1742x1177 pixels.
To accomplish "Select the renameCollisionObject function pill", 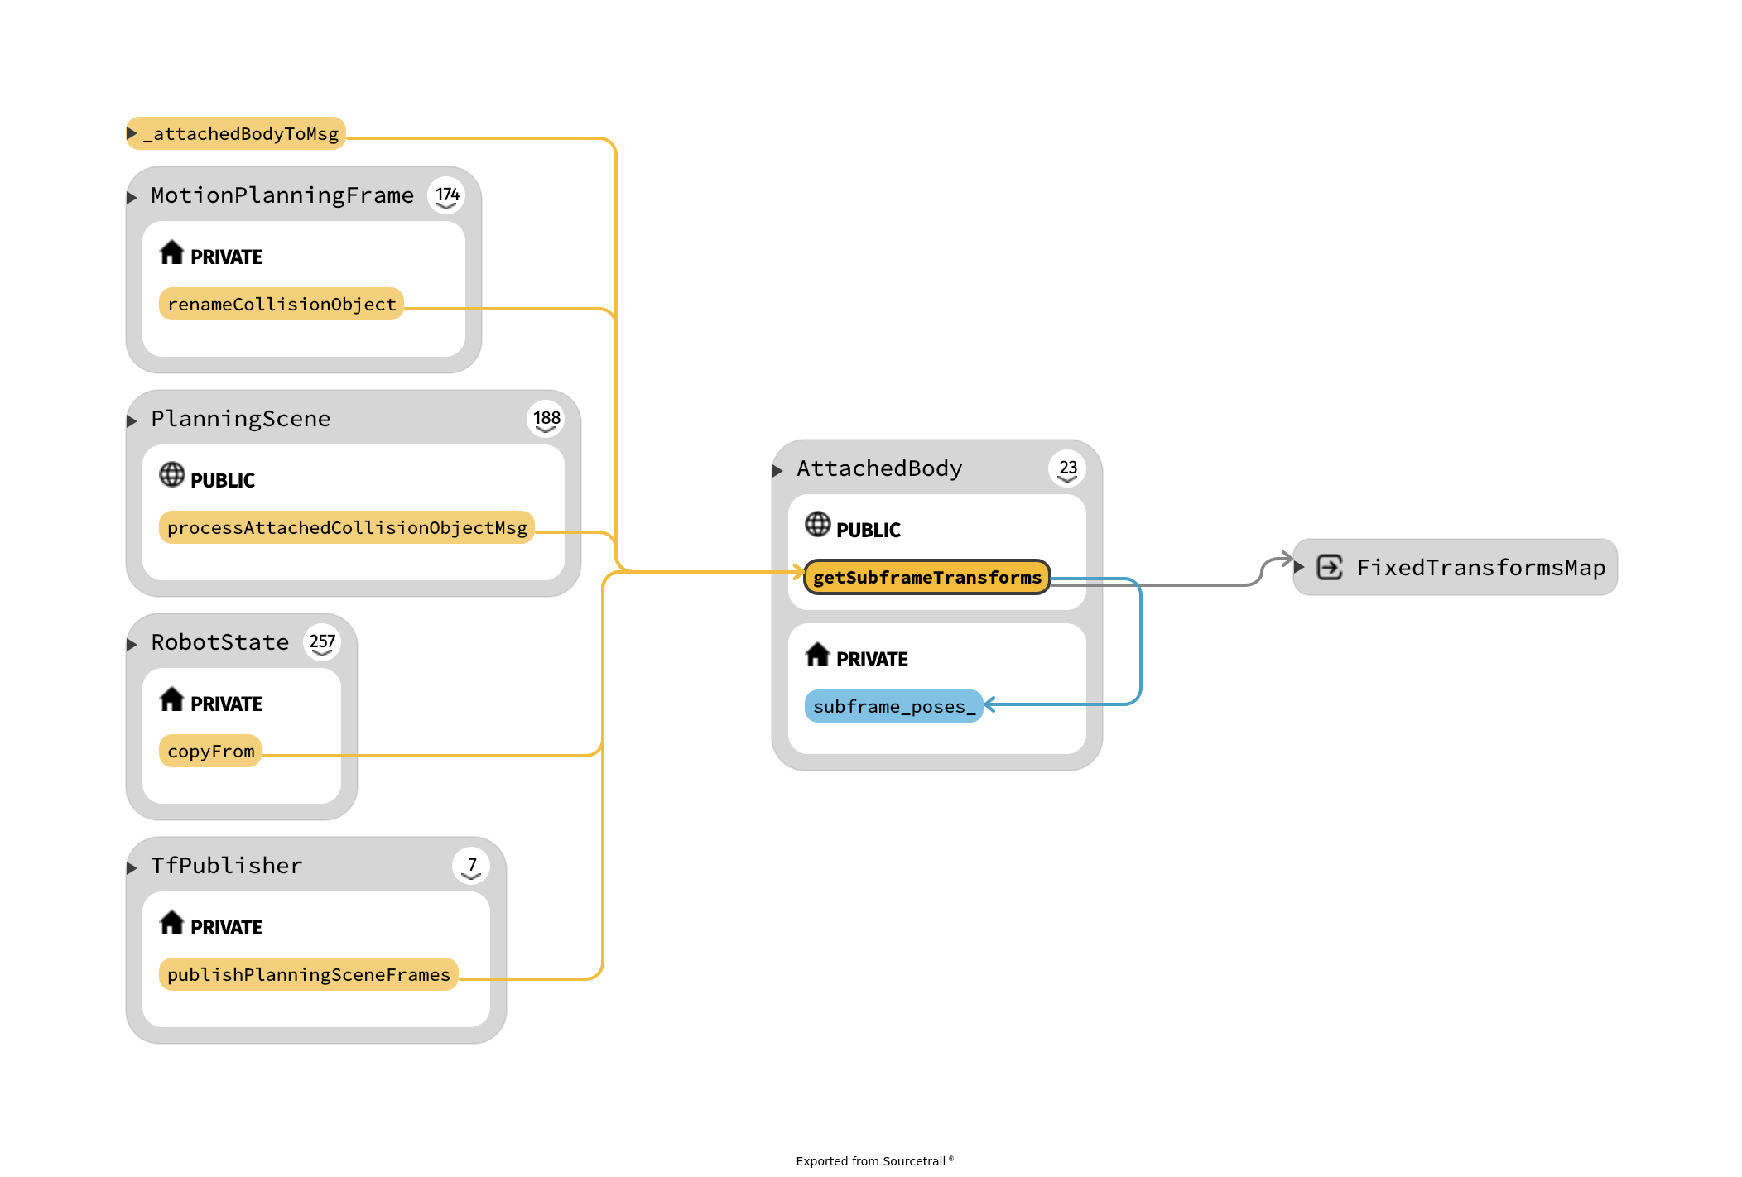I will point(281,304).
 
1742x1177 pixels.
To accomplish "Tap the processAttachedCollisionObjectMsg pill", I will point(346,527).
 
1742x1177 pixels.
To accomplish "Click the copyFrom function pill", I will point(210,751).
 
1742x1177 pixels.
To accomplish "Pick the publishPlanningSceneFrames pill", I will point(308,974).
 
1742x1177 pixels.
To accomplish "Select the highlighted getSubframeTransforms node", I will point(926,577).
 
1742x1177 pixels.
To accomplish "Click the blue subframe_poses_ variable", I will point(893,706).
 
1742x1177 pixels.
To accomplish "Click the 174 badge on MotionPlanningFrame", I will point(447,196).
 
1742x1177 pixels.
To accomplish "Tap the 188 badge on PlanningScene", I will point(546,420).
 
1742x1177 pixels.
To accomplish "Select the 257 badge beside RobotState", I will point(322,643).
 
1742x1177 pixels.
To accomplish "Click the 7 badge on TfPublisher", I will point(472,867).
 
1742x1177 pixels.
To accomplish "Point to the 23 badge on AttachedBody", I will point(1068,469).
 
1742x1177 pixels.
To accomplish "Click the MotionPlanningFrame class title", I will point(282,195).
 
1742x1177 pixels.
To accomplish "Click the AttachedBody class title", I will point(878,468).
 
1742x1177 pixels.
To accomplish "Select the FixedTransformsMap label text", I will point(1480,568).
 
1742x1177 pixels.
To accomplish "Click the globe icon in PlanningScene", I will point(171,475).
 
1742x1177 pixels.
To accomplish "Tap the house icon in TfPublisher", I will point(171,922).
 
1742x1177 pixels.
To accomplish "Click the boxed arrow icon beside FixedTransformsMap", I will point(1330,568).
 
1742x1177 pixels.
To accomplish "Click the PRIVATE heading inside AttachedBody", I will point(871,660).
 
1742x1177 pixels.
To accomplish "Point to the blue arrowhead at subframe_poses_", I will point(989,705).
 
